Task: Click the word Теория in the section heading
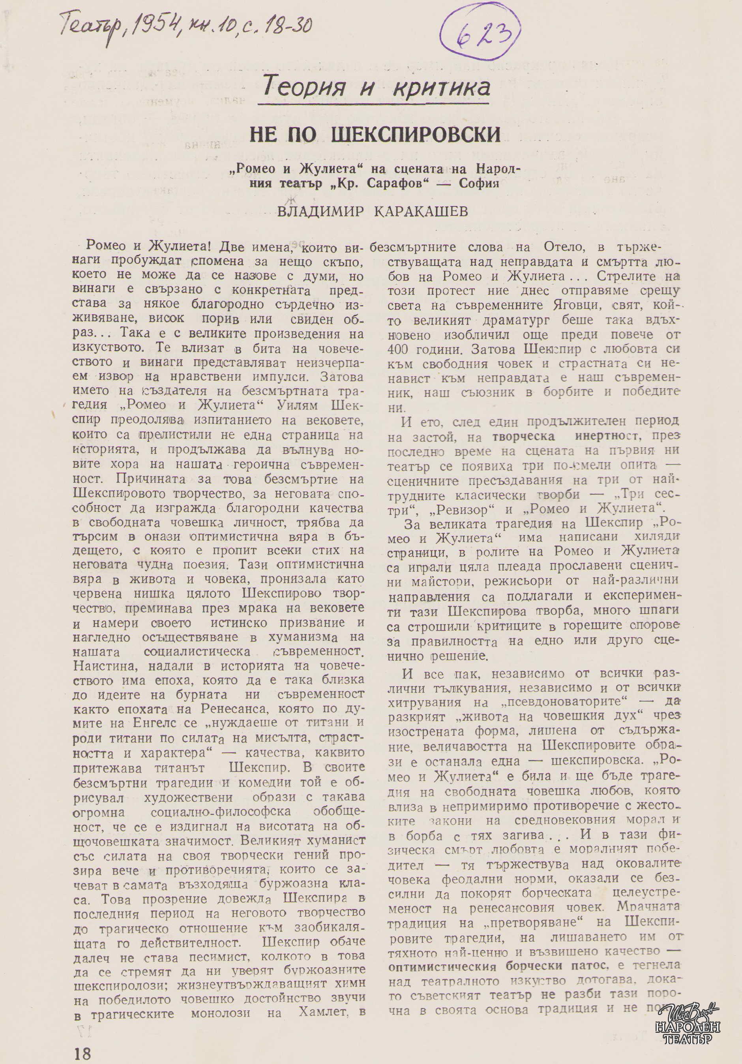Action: (x=304, y=86)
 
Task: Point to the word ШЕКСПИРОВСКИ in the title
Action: (x=416, y=134)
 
